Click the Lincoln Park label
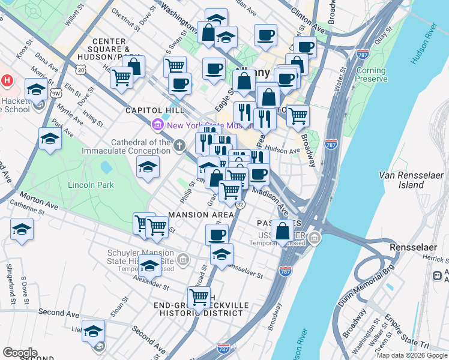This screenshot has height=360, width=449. pos(91,185)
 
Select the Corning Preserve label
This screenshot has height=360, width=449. pos(371,74)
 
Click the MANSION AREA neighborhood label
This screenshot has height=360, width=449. pos(201,215)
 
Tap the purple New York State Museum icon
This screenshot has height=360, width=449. pos(158,125)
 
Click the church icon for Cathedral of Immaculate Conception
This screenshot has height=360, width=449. pos(179,145)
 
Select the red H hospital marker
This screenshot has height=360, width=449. pos(7,80)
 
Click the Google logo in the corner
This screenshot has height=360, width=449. pos(20,352)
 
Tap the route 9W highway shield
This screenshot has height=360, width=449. pos(56,93)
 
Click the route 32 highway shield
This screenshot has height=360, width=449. pos(240,205)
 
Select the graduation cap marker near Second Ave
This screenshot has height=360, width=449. pos(93,331)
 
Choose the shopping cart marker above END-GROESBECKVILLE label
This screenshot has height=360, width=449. pos(199,296)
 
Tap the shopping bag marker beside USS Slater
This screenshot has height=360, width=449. pos(282,230)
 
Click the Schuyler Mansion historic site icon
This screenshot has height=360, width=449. pos(184,260)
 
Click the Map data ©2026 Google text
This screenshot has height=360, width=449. pos(412,355)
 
